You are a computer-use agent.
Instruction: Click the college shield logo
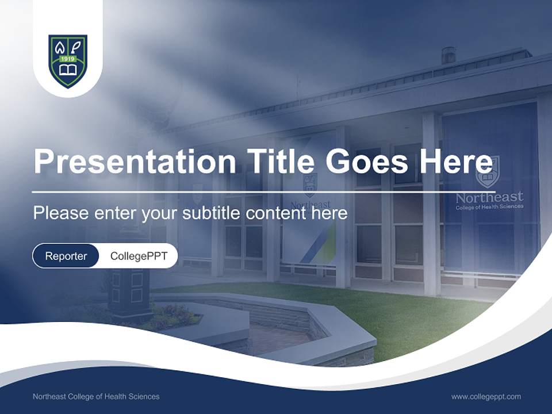click(x=68, y=61)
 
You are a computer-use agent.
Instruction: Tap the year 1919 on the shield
click(x=68, y=59)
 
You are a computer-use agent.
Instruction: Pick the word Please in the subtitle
click(x=60, y=213)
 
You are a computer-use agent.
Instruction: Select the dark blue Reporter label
click(x=66, y=256)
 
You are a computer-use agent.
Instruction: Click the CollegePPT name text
click(x=139, y=256)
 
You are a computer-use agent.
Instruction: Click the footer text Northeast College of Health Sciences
click(x=96, y=396)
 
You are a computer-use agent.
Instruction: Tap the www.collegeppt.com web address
click(x=486, y=396)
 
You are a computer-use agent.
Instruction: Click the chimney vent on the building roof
click(x=448, y=55)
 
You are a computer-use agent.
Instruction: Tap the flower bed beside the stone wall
click(x=175, y=316)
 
